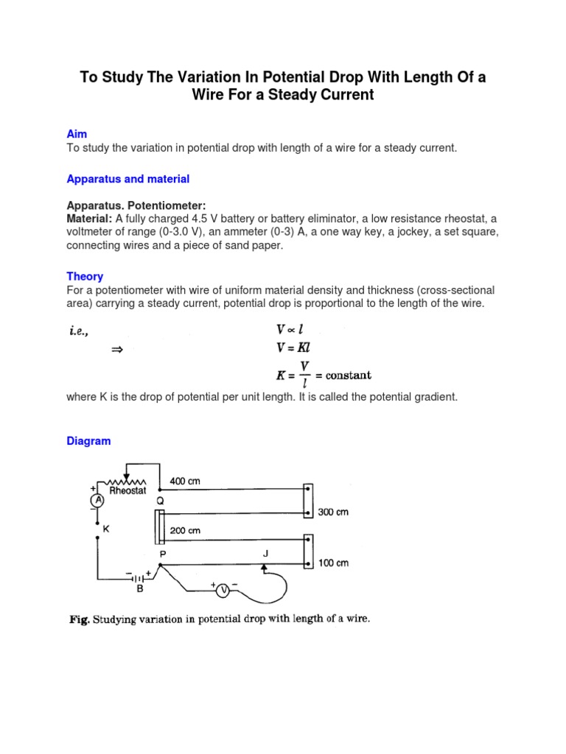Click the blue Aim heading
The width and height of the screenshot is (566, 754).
pyautogui.click(x=77, y=134)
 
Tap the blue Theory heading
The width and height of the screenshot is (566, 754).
pyautogui.click(x=85, y=276)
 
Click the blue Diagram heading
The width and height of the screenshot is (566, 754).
pyautogui.click(x=88, y=441)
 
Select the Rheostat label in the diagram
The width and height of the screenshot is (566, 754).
pyautogui.click(x=127, y=491)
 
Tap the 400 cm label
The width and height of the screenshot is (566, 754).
pyautogui.click(x=184, y=481)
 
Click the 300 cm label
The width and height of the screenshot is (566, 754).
pyautogui.click(x=333, y=512)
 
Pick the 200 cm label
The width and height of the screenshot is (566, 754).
pyautogui.click(x=184, y=530)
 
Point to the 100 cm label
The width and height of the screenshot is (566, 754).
pyautogui.click(x=333, y=563)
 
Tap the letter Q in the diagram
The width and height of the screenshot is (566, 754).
pyautogui.click(x=159, y=501)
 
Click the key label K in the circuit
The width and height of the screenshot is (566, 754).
pyautogui.click(x=106, y=529)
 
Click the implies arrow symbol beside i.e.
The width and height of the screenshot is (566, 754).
pyautogui.click(x=115, y=350)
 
